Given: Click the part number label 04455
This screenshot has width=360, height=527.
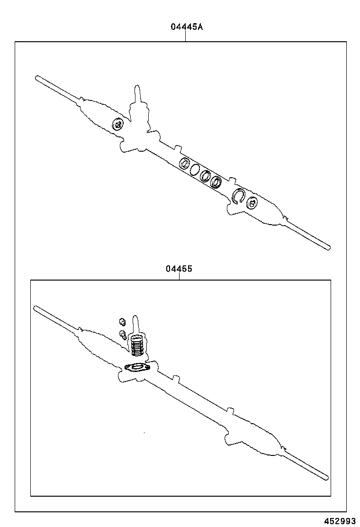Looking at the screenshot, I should pos(179,269).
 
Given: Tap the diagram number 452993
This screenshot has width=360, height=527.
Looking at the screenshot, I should pos(339,520).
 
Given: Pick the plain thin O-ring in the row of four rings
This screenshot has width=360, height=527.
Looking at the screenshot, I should pos(195,169).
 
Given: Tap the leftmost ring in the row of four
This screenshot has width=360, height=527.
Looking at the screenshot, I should pos(184,164).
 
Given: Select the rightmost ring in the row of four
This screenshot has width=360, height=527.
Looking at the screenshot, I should pos(217,182).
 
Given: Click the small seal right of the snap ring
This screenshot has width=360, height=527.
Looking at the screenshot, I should pos(252,203).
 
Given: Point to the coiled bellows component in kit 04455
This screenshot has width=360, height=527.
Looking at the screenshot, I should pos(137,345).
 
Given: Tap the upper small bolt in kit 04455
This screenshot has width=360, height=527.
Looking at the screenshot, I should pos(121,322).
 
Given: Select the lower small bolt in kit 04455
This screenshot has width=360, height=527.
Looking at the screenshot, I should pos(124,335).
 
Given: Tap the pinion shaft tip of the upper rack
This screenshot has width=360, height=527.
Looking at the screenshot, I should pos(137,90).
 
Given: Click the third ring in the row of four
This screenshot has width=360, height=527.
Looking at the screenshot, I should pos(206,175).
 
